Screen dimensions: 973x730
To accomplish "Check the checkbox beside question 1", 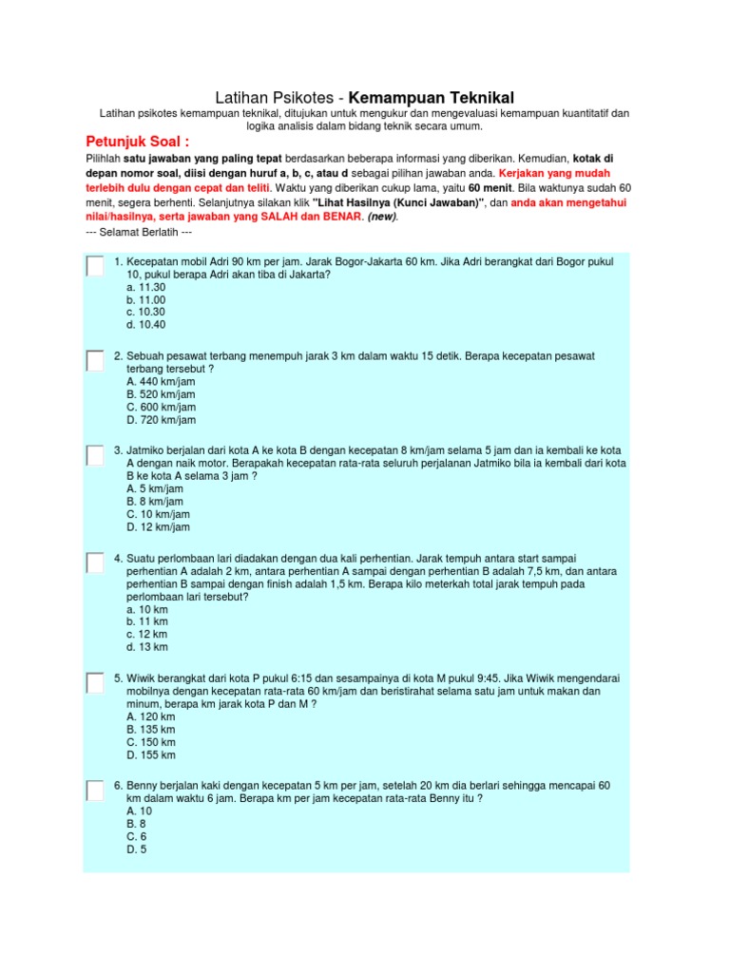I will tap(94, 267).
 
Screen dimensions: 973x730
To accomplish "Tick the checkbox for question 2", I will tap(94, 361).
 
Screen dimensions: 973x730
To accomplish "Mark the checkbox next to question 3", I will tap(94, 455).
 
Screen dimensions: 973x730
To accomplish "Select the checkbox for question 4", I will tap(94, 563).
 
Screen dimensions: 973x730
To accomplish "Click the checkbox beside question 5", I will tap(94, 683).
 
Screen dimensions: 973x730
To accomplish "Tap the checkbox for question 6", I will tap(94, 791).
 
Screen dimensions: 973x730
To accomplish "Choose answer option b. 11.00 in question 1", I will tap(145, 299).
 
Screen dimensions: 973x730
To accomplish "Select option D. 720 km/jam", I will tap(161, 420).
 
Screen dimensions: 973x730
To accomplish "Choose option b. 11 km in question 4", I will tap(146, 621).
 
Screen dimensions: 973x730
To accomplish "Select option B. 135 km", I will tap(150, 729).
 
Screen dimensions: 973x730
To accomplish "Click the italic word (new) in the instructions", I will tap(383, 217).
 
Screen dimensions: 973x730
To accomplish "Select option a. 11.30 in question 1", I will tap(145, 287).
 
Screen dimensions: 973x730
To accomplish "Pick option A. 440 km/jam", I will tap(161, 381).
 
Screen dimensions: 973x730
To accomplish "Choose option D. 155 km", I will tap(150, 755).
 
